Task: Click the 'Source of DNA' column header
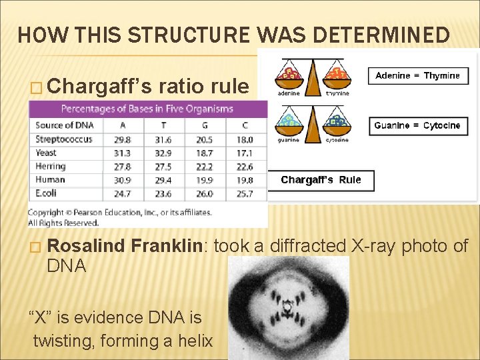click(x=65, y=125)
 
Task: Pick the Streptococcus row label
click(x=64, y=139)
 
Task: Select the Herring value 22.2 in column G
click(x=205, y=166)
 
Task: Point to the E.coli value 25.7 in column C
click(x=245, y=193)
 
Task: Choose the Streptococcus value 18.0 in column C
click(x=245, y=139)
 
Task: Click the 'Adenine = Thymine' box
click(x=417, y=75)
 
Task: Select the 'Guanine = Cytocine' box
click(x=417, y=125)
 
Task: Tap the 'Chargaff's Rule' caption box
click(x=321, y=180)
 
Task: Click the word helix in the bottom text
click(x=195, y=341)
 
